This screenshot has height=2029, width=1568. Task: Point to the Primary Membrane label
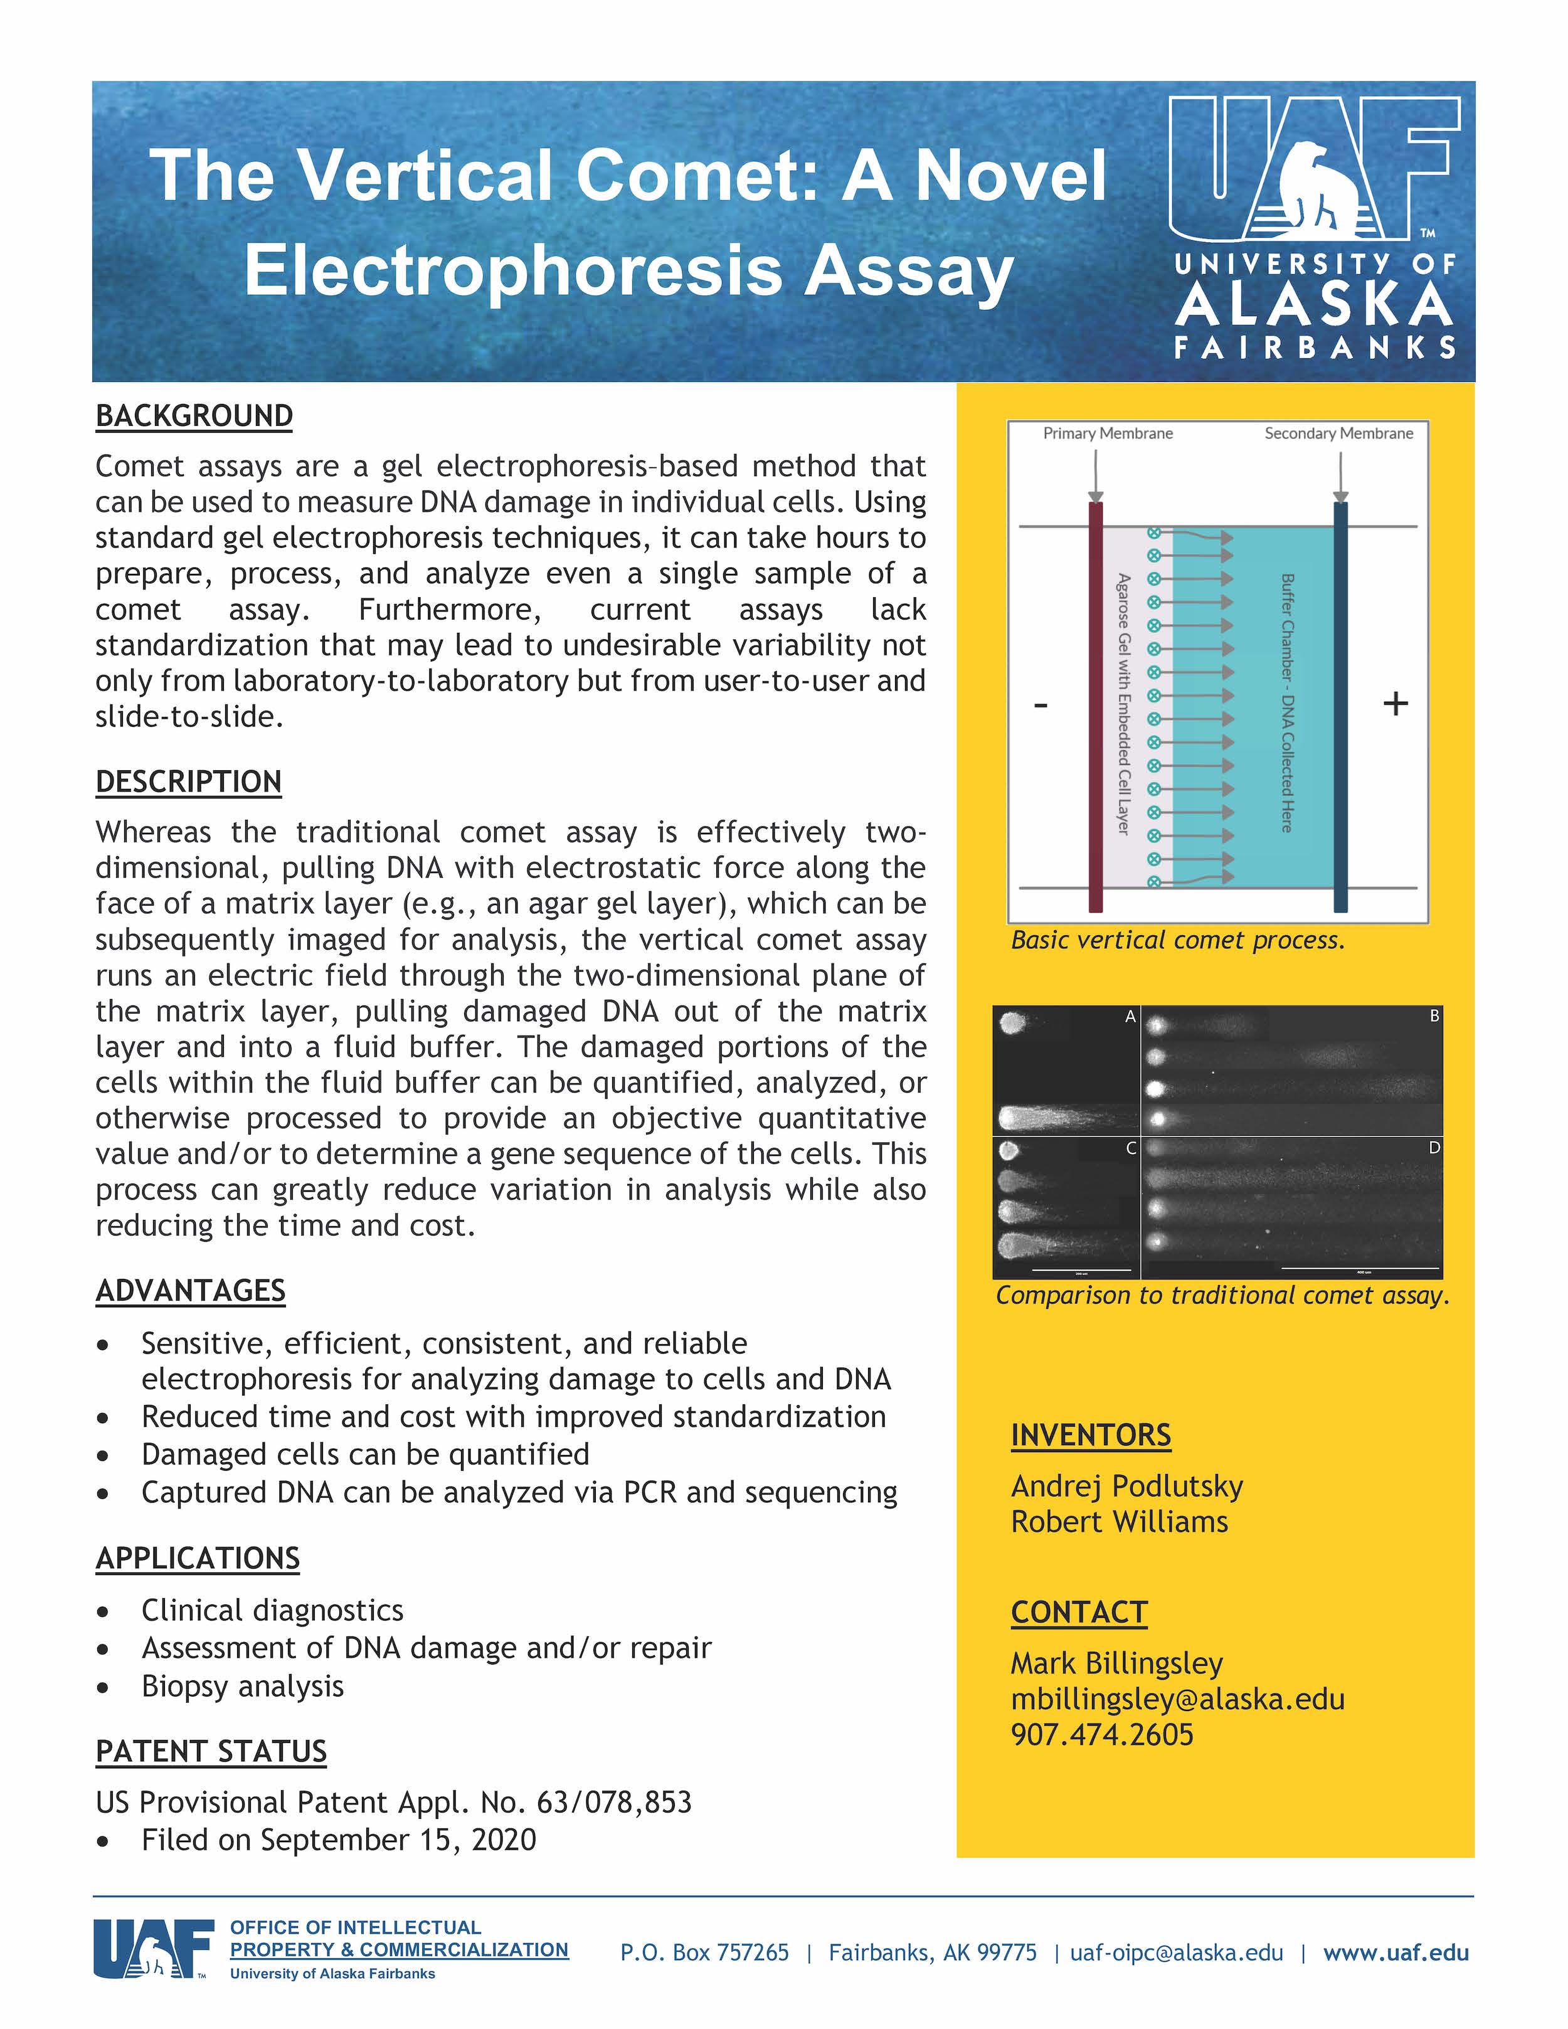click(1107, 434)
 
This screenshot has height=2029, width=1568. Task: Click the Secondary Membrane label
click(1338, 434)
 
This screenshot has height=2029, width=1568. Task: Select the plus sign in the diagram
click(1396, 703)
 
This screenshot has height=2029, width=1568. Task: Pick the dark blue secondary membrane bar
click(1340, 706)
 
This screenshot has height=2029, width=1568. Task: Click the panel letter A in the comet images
click(1130, 1016)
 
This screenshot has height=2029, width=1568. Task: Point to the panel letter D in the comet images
click(1434, 1148)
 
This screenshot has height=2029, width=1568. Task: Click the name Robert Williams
click(1120, 1522)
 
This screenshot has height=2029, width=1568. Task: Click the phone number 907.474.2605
click(1103, 1734)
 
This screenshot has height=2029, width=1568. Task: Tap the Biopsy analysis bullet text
click(243, 1686)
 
